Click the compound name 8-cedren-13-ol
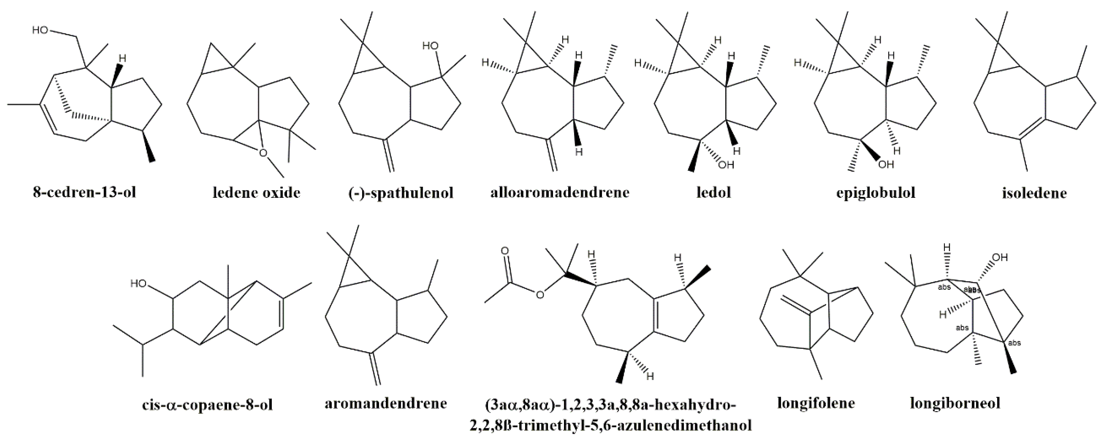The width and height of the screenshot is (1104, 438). (x=85, y=193)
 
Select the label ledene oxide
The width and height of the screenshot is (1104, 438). (x=256, y=193)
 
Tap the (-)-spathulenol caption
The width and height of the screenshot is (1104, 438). (x=401, y=193)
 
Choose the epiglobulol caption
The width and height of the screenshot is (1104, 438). (x=876, y=193)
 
